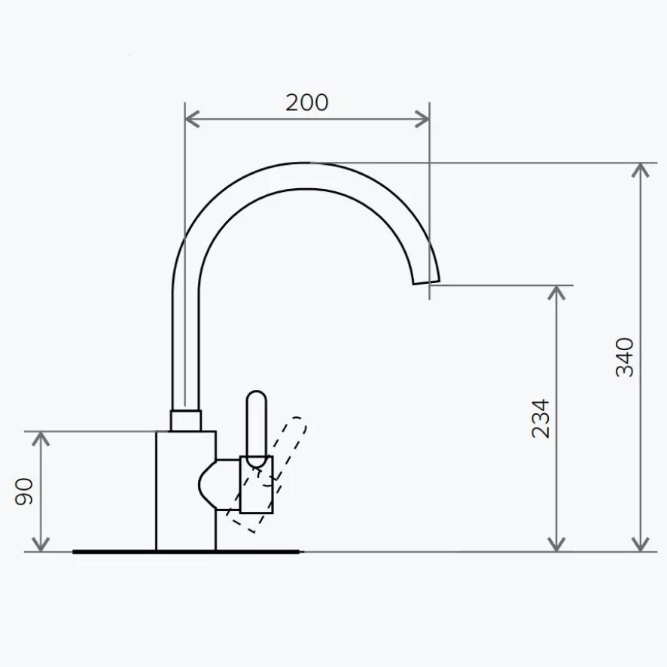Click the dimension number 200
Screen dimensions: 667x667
tap(306, 102)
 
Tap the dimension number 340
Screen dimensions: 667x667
tap(625, 358)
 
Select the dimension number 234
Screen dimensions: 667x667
tap(541, 419)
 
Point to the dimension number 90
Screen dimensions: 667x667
tap(24, 492)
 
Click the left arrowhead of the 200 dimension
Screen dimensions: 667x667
tap(192, 119)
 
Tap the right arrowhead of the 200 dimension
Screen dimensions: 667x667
tap(422, 119)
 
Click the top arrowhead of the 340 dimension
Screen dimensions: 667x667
tap(640, 170)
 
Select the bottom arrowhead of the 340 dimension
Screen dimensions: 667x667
tap(640, 544)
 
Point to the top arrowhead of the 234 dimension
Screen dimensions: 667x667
tap(556, 293)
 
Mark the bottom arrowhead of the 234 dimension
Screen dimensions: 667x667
tap(556, 544)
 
